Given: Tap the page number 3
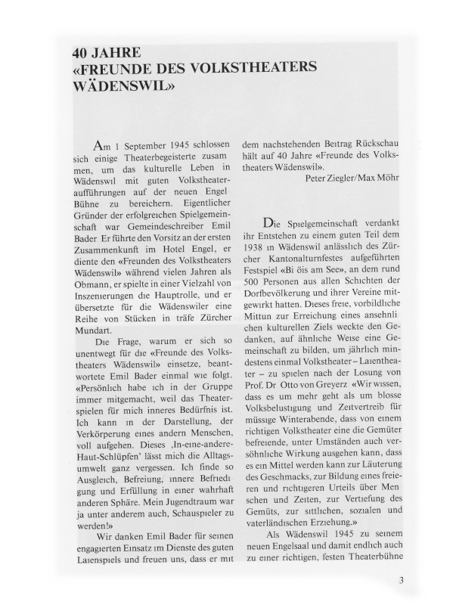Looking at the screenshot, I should point(401,582).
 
